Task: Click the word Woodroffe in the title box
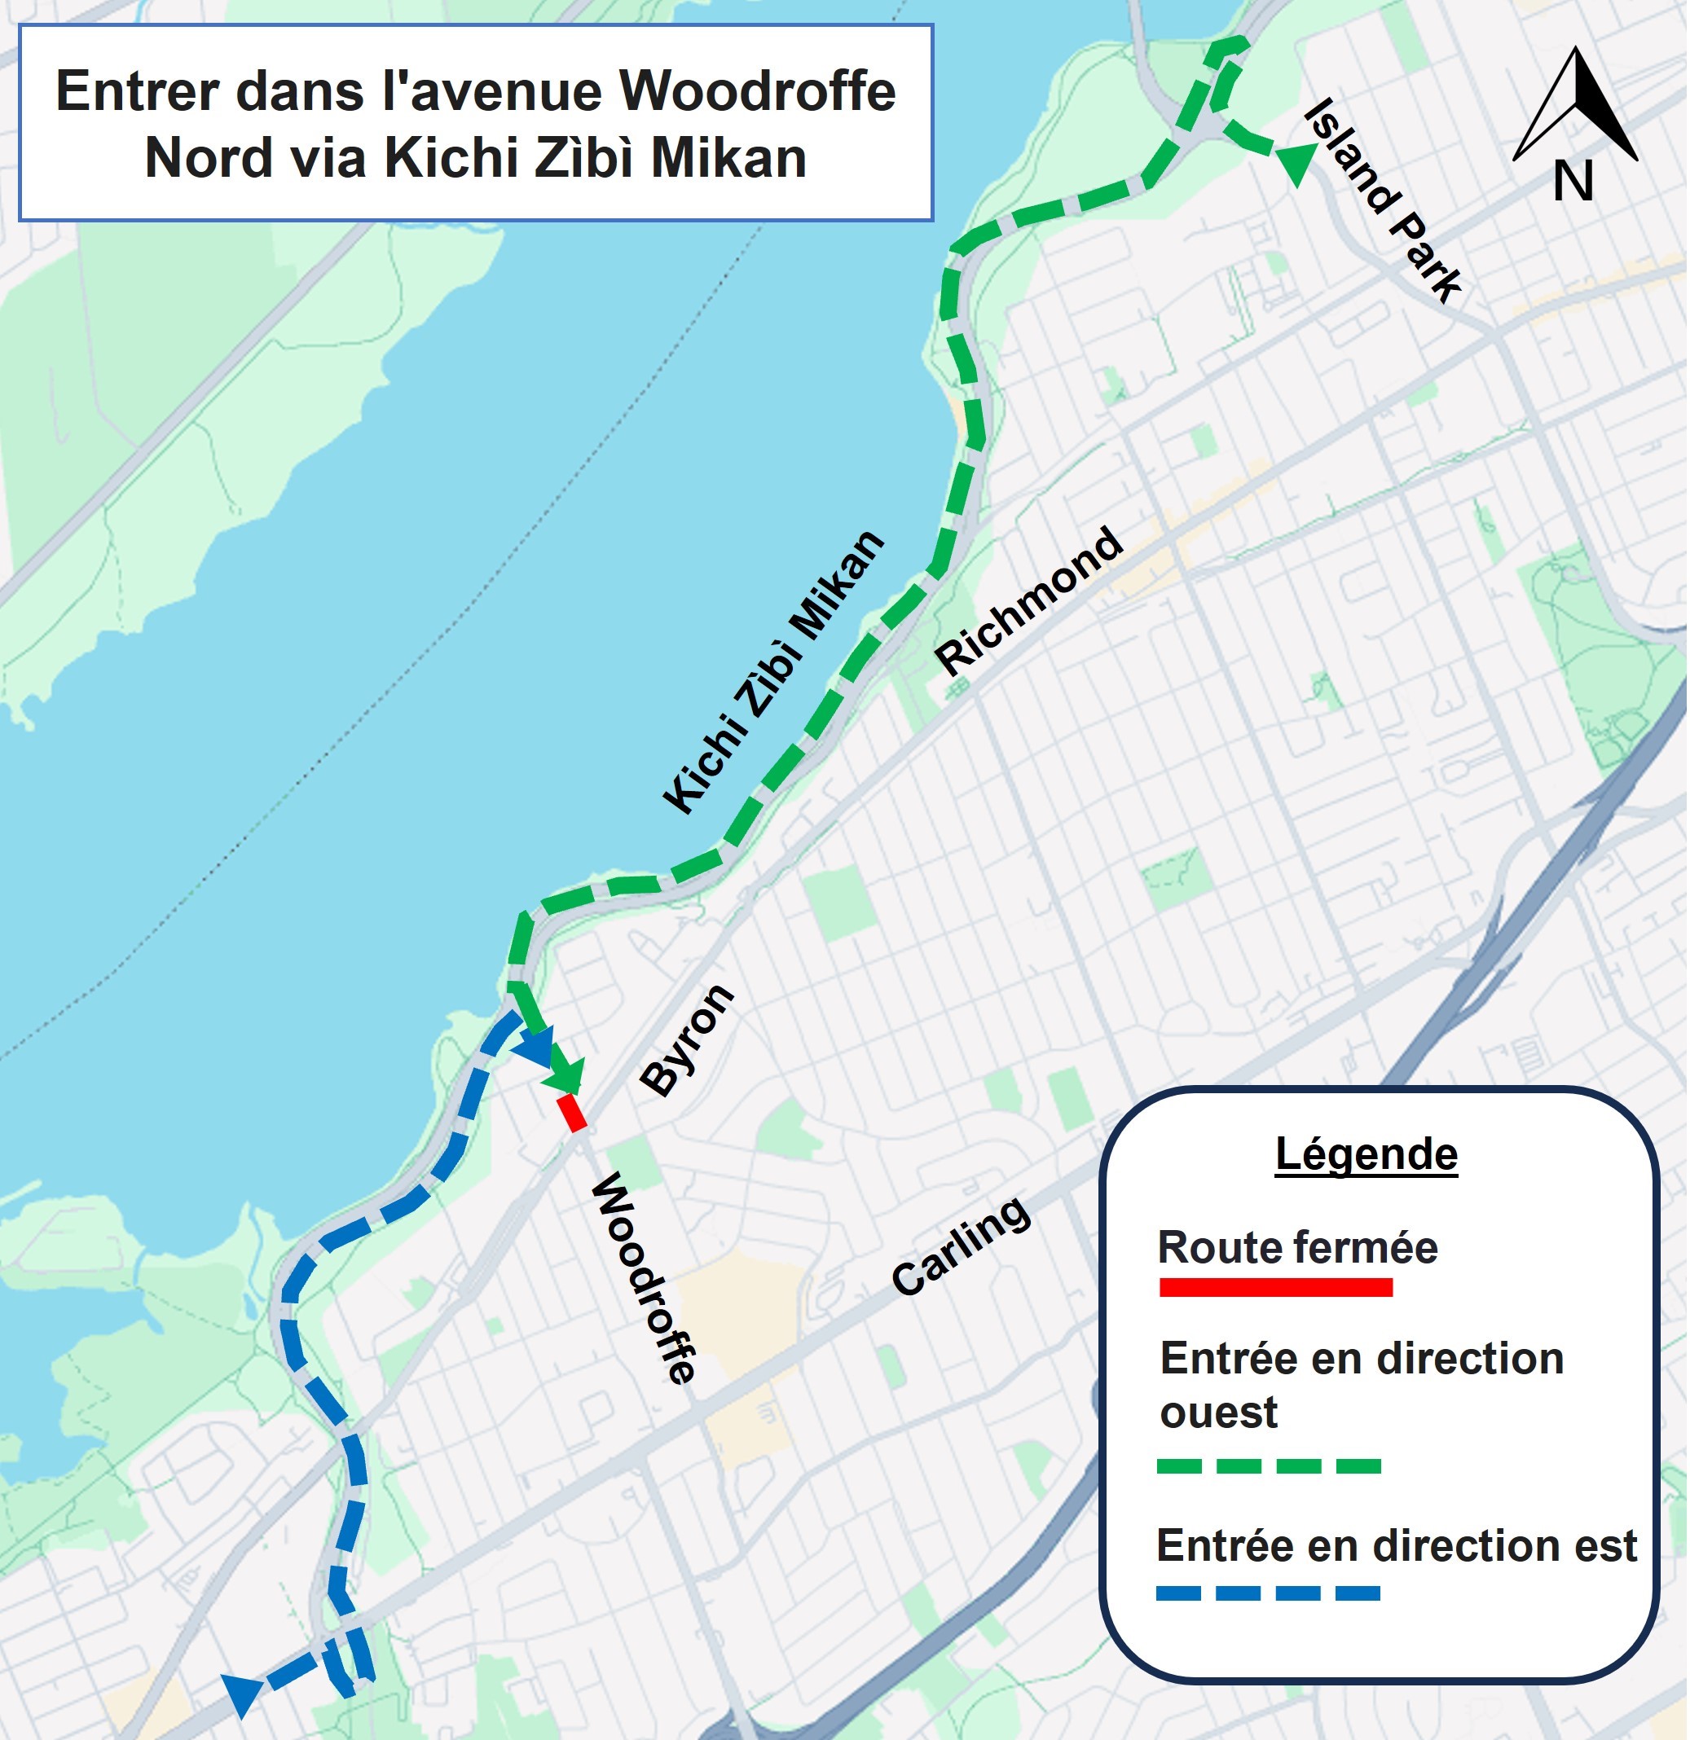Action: point(758,90)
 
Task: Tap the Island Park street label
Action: point(1383,200)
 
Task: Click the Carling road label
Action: point(962,1246)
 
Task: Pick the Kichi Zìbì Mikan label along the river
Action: point(773,672)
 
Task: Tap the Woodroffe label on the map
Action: point(645,1278)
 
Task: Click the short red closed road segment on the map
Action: point(572,1114)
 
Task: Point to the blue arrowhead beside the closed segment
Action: point(535,1048)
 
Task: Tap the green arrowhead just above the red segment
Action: point(566,1076)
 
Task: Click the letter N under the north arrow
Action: point(1573,181)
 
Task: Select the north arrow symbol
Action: point(1575,105)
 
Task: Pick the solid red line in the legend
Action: point(1275,1287)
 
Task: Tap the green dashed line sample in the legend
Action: point(1269,1466)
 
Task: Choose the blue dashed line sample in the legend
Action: point(1268,1593)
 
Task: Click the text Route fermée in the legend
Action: point(1296,1247)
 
